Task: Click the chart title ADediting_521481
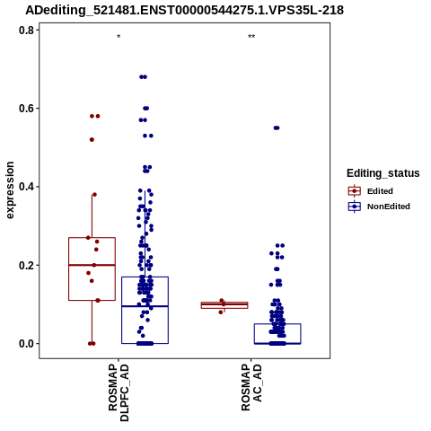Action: (184, 11)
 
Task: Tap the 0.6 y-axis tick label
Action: (25, 109)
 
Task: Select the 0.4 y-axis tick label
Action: (25, 187)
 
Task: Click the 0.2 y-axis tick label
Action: (25, 265)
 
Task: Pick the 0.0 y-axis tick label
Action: (25, 344)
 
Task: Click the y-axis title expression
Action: (10, 190)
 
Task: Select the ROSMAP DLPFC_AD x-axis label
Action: (119, 392)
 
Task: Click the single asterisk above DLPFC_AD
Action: (119, 37)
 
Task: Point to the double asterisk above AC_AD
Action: (251, 37)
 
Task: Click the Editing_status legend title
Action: (383, 173)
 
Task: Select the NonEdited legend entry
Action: (379, 207)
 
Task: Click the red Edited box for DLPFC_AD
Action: (92, 238)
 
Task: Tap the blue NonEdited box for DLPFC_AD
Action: (145, 277)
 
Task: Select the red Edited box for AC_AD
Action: (224, 303)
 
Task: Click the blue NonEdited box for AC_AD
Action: (277, 324)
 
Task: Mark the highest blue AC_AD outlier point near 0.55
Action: (277, 128)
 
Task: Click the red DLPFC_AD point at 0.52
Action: (92, 140)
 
